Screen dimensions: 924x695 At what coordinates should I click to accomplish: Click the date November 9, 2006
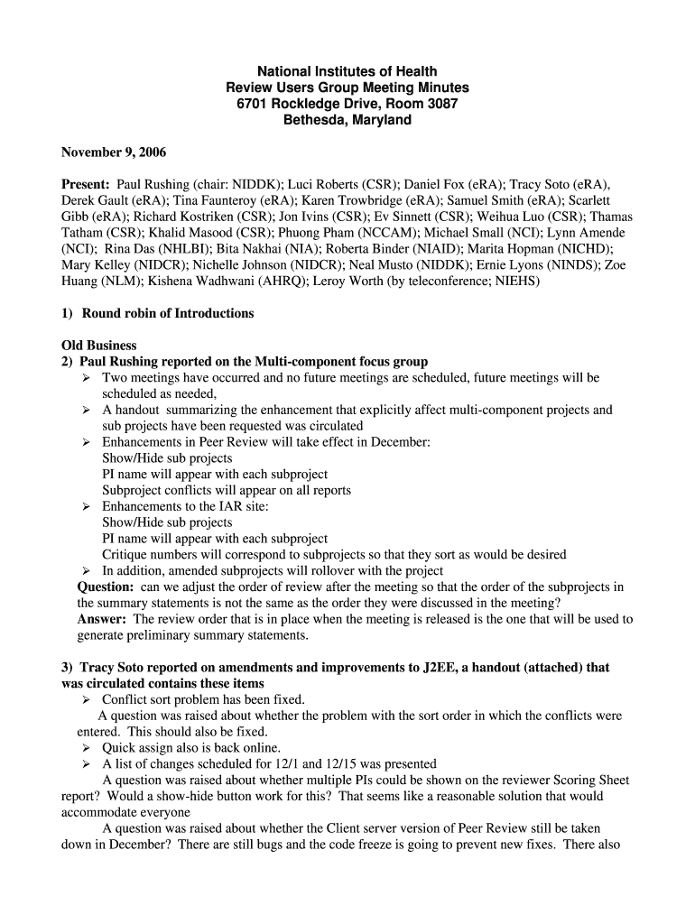[114, 152]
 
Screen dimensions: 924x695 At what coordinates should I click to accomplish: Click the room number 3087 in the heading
[440, 104]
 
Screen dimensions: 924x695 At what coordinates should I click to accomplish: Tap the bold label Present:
[86, 184]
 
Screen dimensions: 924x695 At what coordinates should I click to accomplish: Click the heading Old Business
[99, 346]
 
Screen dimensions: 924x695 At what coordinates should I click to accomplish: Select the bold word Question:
[106, 587]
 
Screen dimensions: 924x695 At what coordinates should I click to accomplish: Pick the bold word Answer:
[102, 619]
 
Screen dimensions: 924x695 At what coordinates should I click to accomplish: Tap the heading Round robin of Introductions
[168, 314]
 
